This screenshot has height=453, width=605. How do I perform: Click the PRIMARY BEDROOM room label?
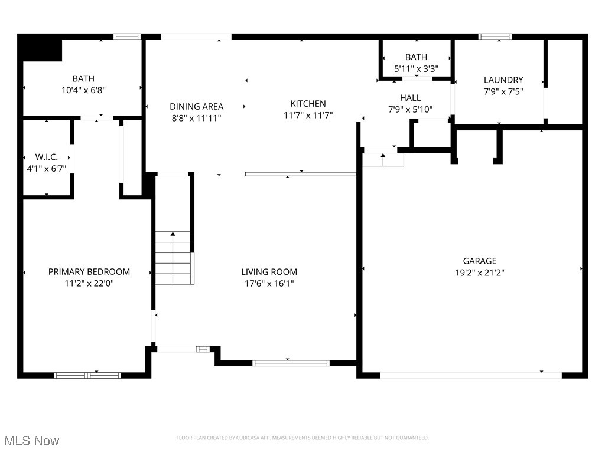[89, 272]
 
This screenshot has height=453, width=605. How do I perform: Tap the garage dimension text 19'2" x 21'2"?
[479, 273]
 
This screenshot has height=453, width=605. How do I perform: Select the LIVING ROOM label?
[269, 272]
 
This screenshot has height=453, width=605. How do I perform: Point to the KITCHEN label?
[308, 104]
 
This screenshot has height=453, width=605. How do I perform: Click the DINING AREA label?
[196, 107]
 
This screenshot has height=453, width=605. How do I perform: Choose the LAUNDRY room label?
[503, 80]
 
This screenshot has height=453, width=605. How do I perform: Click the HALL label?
[410, 98]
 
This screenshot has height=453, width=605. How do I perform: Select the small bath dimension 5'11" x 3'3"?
[416, 68]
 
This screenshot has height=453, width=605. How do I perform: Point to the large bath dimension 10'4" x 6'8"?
[83, 90]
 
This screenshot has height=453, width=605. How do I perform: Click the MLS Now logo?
[31, 441]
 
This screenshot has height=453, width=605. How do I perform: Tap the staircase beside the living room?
[173, 258]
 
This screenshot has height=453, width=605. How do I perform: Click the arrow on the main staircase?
[173, 235]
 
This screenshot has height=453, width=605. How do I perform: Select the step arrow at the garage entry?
[383, 156]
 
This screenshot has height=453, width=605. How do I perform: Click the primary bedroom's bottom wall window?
[87, 375]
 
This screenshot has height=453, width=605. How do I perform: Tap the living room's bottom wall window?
[291, 363]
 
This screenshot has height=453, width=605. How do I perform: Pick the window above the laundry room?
[495, 37]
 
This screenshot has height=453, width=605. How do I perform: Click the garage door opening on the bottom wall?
[471, 375]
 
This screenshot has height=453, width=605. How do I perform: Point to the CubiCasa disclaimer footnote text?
[302, 438]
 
